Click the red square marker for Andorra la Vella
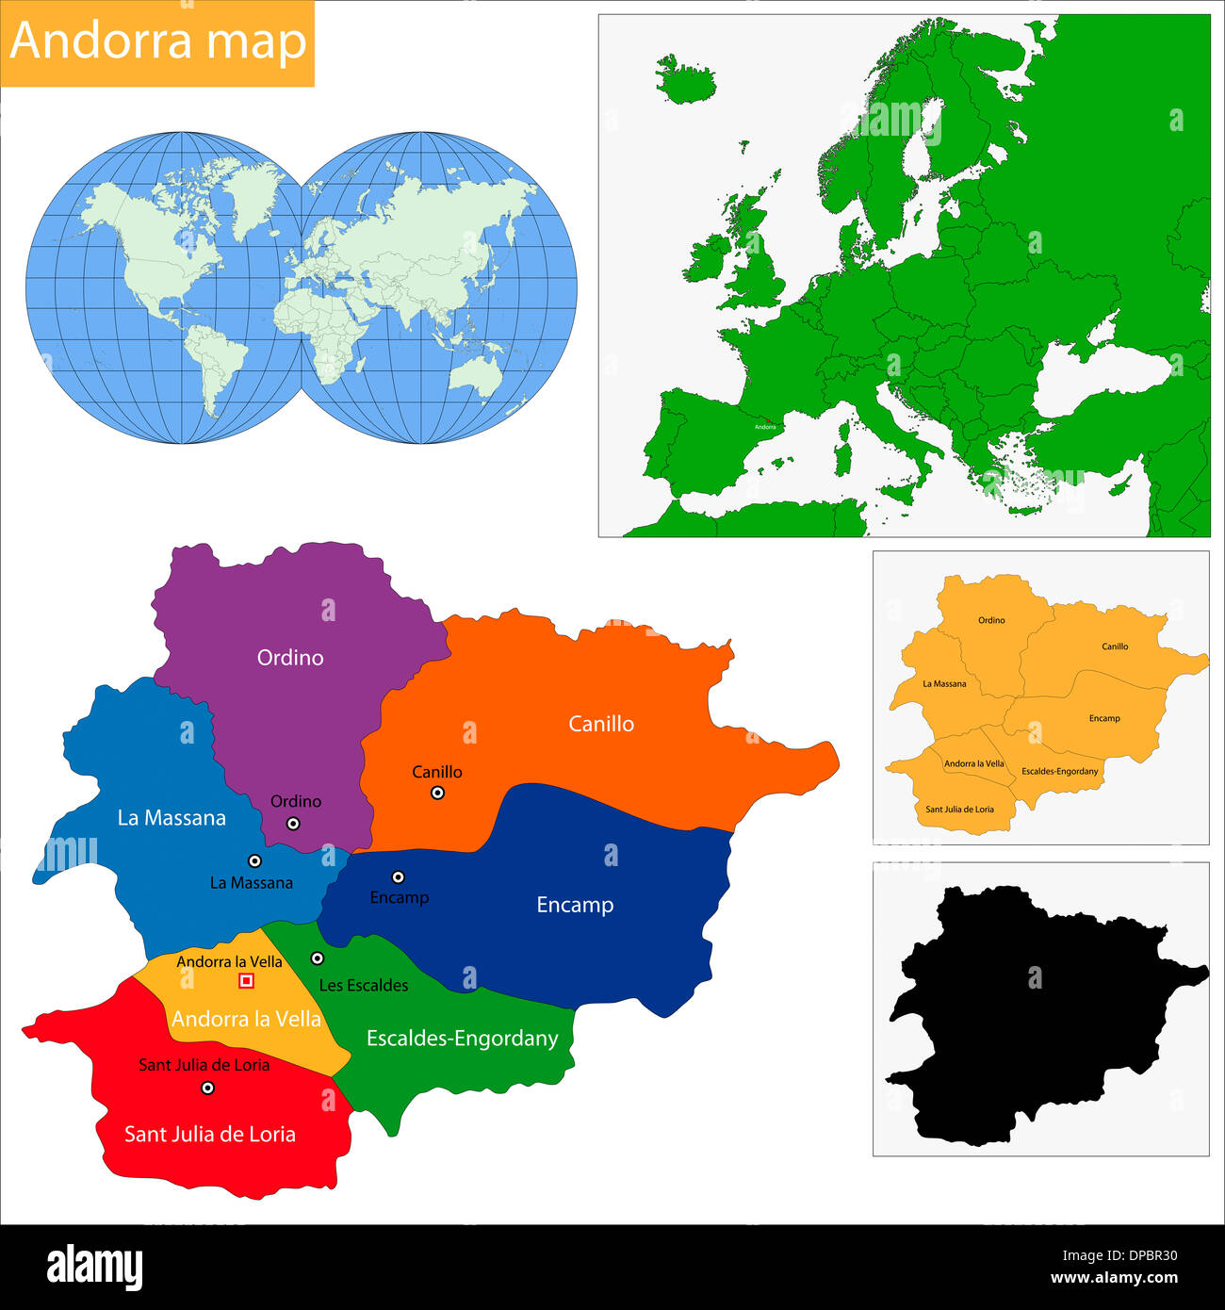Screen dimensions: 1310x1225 tap(247, 981)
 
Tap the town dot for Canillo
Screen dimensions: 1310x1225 tap(437, 793)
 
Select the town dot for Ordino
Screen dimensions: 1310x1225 tap(293, 823)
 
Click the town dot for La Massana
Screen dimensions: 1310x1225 tap(254, 860)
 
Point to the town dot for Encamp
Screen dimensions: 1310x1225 tap(399, 876)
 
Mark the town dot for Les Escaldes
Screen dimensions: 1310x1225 tap(318, 958)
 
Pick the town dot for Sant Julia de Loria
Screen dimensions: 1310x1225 tap(207, 1088)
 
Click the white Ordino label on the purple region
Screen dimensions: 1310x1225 tap(290, 658)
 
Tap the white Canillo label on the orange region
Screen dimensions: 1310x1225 tap(601, 724)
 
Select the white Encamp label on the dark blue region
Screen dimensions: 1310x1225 tap(575, 905)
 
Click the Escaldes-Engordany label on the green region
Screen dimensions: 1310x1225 tap(462, 1039)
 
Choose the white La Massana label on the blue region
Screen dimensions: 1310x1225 tap(171, 818)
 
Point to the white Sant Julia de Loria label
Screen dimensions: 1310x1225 tap(210, 1134)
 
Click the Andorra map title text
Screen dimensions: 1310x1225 tap(158, 41)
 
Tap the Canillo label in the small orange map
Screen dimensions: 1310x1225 tap(1115, 647)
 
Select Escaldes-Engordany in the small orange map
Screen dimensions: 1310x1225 tap(1060, 771)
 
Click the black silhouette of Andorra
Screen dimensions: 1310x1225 tap(1037, 1008)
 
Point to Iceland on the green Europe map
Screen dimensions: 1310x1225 tap(685, 79)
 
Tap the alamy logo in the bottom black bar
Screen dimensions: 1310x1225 tap(94, 1266)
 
